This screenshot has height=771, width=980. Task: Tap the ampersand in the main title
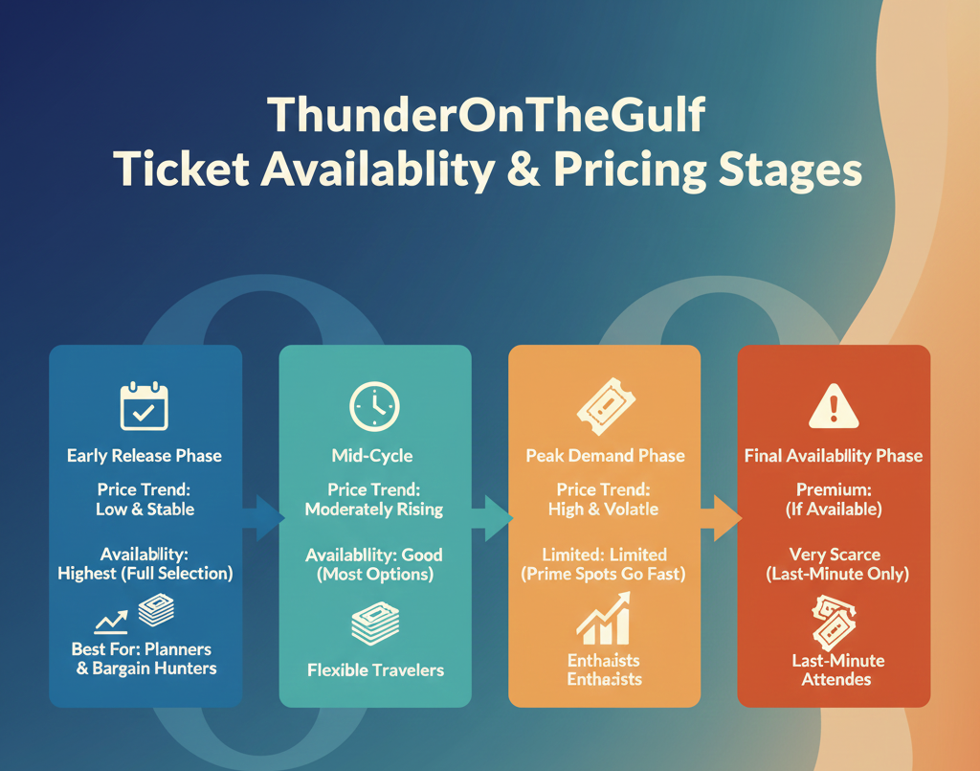(529, 170)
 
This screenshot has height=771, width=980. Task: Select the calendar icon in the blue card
(145, 406)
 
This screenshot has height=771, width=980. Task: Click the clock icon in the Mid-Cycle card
(374, 406)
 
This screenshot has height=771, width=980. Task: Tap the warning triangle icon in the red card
(834, 406)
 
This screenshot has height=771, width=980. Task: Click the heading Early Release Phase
(145, 456)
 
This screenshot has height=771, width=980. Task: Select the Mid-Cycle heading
(374, 456)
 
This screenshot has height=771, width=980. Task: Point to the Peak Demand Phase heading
(605, 456)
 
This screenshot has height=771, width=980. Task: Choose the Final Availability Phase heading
(834, 456)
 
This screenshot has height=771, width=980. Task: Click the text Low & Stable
(145, 509)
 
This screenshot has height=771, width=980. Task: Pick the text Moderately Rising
(374, 509)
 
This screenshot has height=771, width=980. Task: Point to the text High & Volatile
(604, 509)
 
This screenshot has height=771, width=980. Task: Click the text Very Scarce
(835, 554)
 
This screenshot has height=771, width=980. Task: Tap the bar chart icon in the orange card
(604, 618)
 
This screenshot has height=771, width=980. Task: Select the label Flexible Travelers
(375, 669)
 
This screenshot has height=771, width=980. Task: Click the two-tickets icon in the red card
(835, 622)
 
